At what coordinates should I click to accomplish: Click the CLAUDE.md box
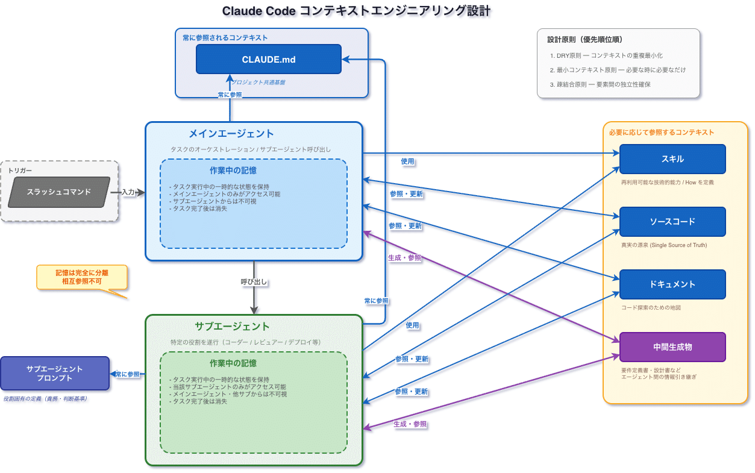point(268,59)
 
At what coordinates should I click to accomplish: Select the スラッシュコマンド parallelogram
point(59,192)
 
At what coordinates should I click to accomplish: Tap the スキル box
point(672,159)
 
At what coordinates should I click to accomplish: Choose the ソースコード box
point(672,222)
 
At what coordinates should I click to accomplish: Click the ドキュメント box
point(672,284)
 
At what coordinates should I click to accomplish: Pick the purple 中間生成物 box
point(672,347)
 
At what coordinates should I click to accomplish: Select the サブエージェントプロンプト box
point(55,373)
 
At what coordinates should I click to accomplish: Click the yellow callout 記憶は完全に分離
point(82,277)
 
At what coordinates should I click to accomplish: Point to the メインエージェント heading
point(231,134)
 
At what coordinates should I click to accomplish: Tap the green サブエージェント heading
point(232,327)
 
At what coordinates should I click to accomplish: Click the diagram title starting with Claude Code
point(356,11)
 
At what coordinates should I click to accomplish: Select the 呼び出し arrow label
point(254,281)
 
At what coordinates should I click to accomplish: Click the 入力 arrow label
point(128,192)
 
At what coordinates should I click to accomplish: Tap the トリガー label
point(20,171)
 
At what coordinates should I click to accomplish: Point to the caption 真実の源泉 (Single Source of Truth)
point(663,245)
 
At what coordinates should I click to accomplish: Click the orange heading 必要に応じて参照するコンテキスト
point(661,132)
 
